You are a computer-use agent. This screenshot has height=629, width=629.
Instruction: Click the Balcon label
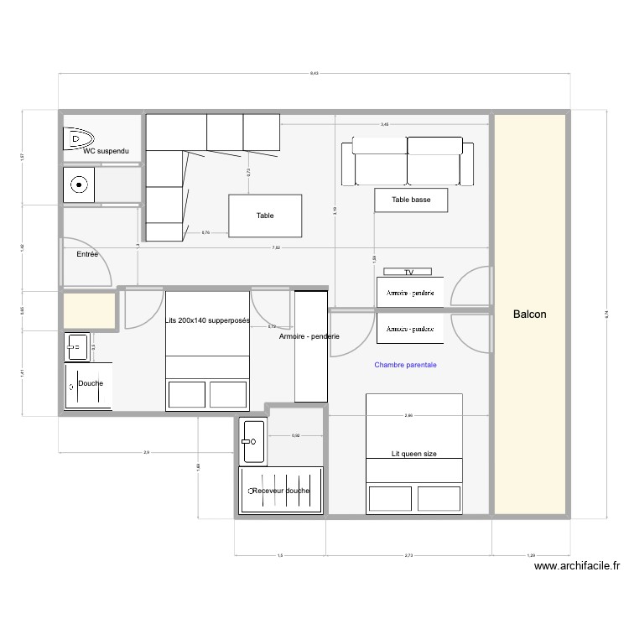529,314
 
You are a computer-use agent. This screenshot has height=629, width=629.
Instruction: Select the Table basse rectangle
410,200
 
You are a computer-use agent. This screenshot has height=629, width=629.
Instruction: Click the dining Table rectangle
265,216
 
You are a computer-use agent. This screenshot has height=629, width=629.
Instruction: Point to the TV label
408,273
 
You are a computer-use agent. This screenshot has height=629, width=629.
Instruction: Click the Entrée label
87,253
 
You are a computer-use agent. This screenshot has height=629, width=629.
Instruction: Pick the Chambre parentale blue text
405,365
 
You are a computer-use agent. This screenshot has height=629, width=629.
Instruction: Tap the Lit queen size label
414,454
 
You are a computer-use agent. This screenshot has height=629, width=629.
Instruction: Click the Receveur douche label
281,491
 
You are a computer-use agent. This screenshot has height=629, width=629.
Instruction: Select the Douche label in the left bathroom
91,384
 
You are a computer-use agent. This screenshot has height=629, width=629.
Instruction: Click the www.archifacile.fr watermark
577,566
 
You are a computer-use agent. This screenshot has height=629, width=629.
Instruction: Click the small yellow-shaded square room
88,309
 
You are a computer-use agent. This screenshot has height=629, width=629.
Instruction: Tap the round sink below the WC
79,185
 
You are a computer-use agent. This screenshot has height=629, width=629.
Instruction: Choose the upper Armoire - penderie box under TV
409,294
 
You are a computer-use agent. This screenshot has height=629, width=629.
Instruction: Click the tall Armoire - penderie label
309,337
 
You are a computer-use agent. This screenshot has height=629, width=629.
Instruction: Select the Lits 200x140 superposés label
207,321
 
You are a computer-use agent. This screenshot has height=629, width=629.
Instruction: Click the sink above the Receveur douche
252,441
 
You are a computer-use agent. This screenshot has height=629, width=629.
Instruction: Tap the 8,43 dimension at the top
314,74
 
